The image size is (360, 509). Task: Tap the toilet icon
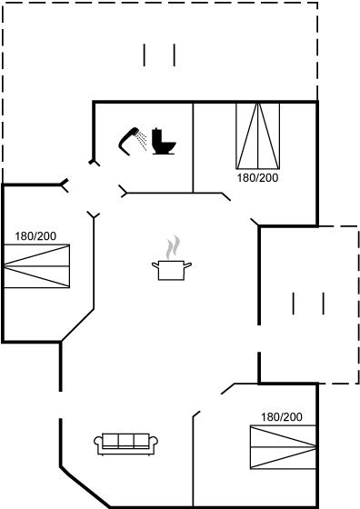[x=164, y=141]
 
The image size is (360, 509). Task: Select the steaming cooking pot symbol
[x=172, y=258]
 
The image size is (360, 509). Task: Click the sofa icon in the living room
[x=126, y=444]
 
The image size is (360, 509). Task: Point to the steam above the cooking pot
[x=173, y=247]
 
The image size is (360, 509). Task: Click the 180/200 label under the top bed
[x=258, y=178]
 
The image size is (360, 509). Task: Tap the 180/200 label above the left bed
[x=35, y=236]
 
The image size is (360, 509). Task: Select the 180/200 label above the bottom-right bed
[x=282, y=417]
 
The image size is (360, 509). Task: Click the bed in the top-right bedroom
[x=258, y=136]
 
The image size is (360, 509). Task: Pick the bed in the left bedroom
[x=36, y=266]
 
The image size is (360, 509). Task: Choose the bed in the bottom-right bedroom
[x=283, y=447]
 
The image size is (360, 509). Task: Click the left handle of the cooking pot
[x=155, y=265]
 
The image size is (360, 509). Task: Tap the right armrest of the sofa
[x=154, y=442]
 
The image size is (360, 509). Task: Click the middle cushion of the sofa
[x=126, y=441]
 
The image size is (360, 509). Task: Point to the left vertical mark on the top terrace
[x=145, y=55]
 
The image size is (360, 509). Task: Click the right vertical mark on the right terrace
[x=324, y=304]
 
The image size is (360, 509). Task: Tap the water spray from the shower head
[x=142, y=140]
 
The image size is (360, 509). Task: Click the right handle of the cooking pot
[x=188, y=265]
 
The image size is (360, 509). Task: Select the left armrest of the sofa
[x=98, y=442]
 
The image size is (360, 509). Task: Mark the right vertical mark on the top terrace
[x=175, y=55]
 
